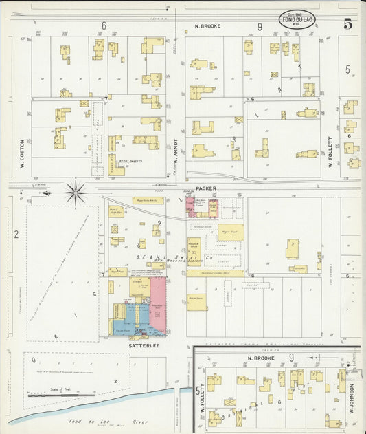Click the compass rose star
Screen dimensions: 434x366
76,191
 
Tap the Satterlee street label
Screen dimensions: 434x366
145,346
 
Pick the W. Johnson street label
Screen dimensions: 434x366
350,398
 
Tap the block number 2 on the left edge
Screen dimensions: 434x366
15,234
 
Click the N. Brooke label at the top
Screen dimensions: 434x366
207,26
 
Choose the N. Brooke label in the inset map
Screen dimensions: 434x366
255,358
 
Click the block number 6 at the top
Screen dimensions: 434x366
104,25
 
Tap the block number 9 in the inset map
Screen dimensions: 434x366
292,357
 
